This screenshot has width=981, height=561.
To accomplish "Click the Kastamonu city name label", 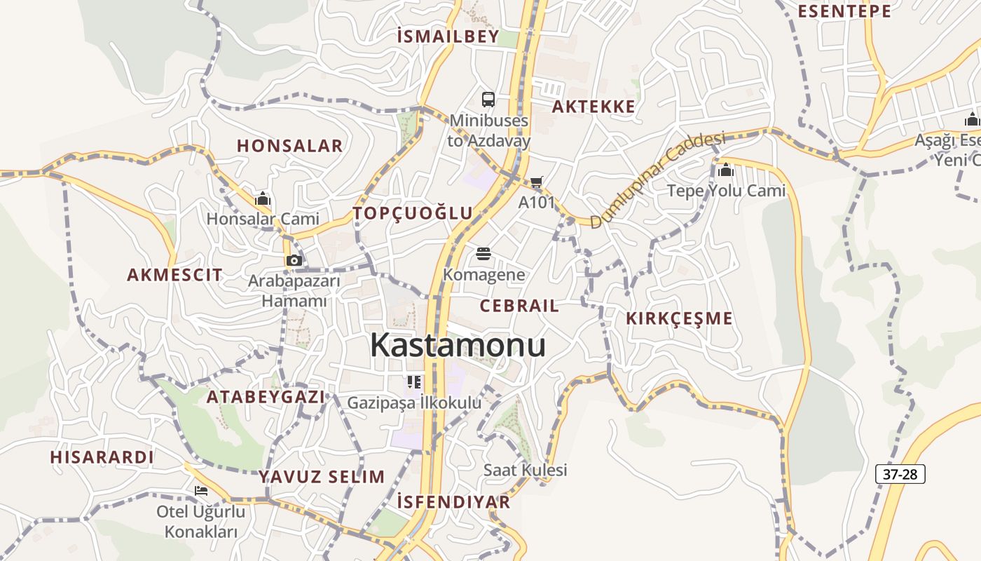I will click(458, 345).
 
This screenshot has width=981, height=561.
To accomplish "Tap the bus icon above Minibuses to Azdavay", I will click(488, 100).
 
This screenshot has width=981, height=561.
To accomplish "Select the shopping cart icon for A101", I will click(537, 182).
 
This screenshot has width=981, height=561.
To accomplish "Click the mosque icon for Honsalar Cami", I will click(263, 199).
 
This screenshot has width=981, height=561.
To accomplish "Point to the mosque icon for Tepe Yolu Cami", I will click(726, 170).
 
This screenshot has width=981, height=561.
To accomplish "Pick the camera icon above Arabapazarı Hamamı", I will click(294, 261).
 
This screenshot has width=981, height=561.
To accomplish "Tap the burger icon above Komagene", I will click(483, 254).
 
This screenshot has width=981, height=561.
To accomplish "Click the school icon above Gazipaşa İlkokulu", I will click(414, 382).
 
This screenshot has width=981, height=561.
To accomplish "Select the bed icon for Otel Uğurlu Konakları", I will click(201, 491).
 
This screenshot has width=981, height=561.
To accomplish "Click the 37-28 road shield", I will click(900, 474).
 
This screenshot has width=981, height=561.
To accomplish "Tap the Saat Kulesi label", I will click(525, 470).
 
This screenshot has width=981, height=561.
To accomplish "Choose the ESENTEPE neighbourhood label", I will click(844, 11).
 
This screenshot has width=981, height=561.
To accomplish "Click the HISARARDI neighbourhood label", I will click(102, 457).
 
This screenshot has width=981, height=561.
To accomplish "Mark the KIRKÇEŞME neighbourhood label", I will click(679, 318).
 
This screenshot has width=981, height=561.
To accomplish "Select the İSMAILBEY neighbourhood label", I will click(448, 36).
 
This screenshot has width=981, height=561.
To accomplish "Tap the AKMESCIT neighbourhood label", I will click(174, 275).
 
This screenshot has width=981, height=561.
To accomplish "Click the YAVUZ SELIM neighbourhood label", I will click(322, 477).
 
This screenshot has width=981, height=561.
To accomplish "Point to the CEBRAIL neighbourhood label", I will click(519, 306).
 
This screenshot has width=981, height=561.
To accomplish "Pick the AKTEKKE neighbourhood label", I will click(594, 107).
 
